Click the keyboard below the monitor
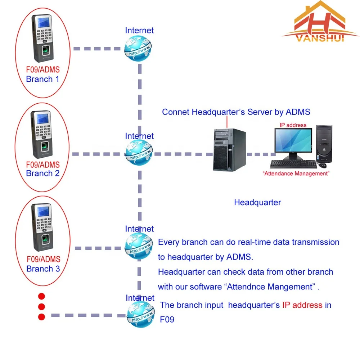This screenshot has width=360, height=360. click(293, 165)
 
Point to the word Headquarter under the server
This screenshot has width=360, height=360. click(257, 202)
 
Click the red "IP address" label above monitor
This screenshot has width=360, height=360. click(293, 125)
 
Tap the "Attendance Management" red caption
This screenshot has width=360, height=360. click(296, 174)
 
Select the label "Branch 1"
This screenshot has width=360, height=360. click(42, 79)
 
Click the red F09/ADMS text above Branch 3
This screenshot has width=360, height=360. click(43, 259)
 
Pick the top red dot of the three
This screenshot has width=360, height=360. click(41, 296)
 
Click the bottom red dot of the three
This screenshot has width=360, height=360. click(41, 317)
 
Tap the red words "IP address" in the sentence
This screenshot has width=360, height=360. click(302, 305)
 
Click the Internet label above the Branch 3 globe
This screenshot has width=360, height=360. click(139, 229)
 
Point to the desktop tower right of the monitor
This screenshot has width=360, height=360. click(324, 144)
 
